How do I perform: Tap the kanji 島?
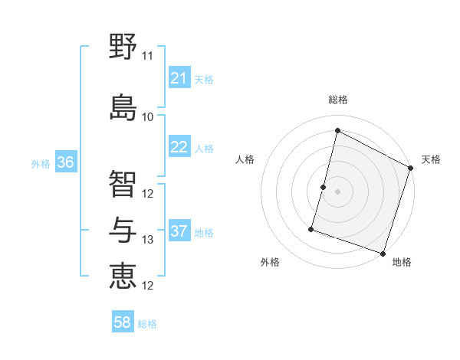click(123, 106)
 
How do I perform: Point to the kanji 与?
click(123, 229)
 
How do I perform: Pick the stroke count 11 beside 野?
click(147, 56)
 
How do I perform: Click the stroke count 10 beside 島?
click(147, 117)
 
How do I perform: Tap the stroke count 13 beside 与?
click(147, 240)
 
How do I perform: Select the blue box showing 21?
click(179, 78)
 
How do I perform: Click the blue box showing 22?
click(179, 147)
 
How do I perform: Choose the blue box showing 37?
click(179, 231)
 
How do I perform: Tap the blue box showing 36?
click(65, 162)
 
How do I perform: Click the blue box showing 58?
click(123, 322)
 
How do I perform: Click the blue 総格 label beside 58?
click(147, 324)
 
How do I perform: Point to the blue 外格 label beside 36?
click(41, 164)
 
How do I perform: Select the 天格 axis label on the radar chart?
click(431, 159)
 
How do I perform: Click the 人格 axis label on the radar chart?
click(245, 159)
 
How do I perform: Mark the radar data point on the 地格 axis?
click(383, 253)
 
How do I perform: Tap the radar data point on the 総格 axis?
click(337, 130)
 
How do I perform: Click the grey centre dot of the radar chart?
click(337, 191)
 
